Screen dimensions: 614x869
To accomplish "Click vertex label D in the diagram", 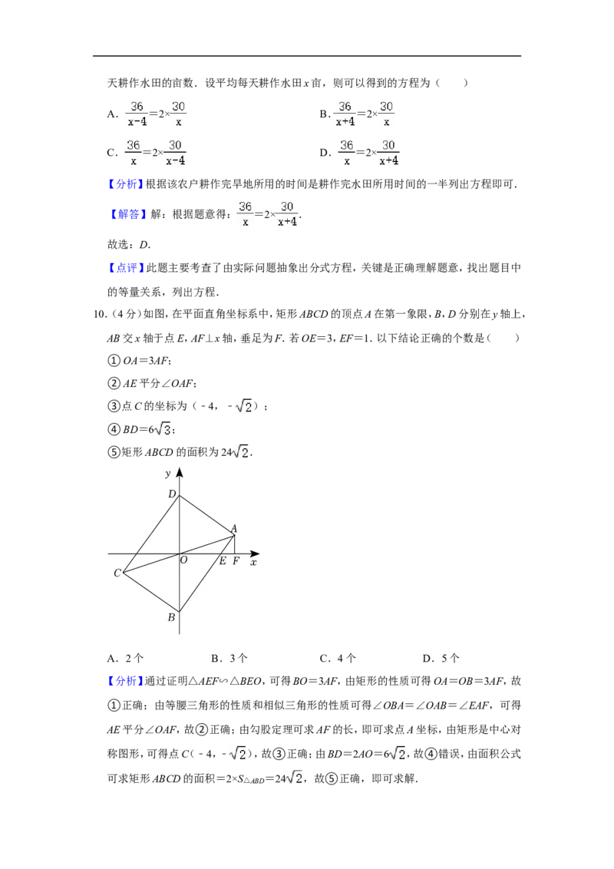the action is [x=172, y=494].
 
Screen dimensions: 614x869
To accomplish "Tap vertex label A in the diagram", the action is [x=234, y=529].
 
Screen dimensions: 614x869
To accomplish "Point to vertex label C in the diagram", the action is [x=117, y=573].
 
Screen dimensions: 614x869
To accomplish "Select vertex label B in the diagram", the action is [x=171, y=617].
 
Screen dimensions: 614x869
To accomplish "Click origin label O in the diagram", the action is [x=184, y=560].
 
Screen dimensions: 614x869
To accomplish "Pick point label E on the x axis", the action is [x=223, y=561].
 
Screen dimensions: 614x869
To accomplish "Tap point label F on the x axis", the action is [x=236, y=561].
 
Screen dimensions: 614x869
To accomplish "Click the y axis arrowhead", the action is [x=179, y=473].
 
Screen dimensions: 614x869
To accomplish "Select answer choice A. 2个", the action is [x=125, y=658].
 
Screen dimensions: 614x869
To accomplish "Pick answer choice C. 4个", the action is [x=338, y=658].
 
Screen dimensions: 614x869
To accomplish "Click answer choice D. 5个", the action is [x=441, y=658].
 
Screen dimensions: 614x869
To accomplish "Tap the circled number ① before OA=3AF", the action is [x=114, y=361].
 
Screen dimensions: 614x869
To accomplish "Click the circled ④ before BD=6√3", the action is [x=114, y=430].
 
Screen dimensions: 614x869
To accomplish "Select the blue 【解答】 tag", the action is [x=127, y=214].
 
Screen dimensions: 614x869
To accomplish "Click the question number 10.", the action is [x=101, y=314].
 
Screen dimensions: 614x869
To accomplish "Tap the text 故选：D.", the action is [x=129, y=244].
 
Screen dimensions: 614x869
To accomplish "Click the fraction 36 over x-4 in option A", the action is [x=137, y=114].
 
